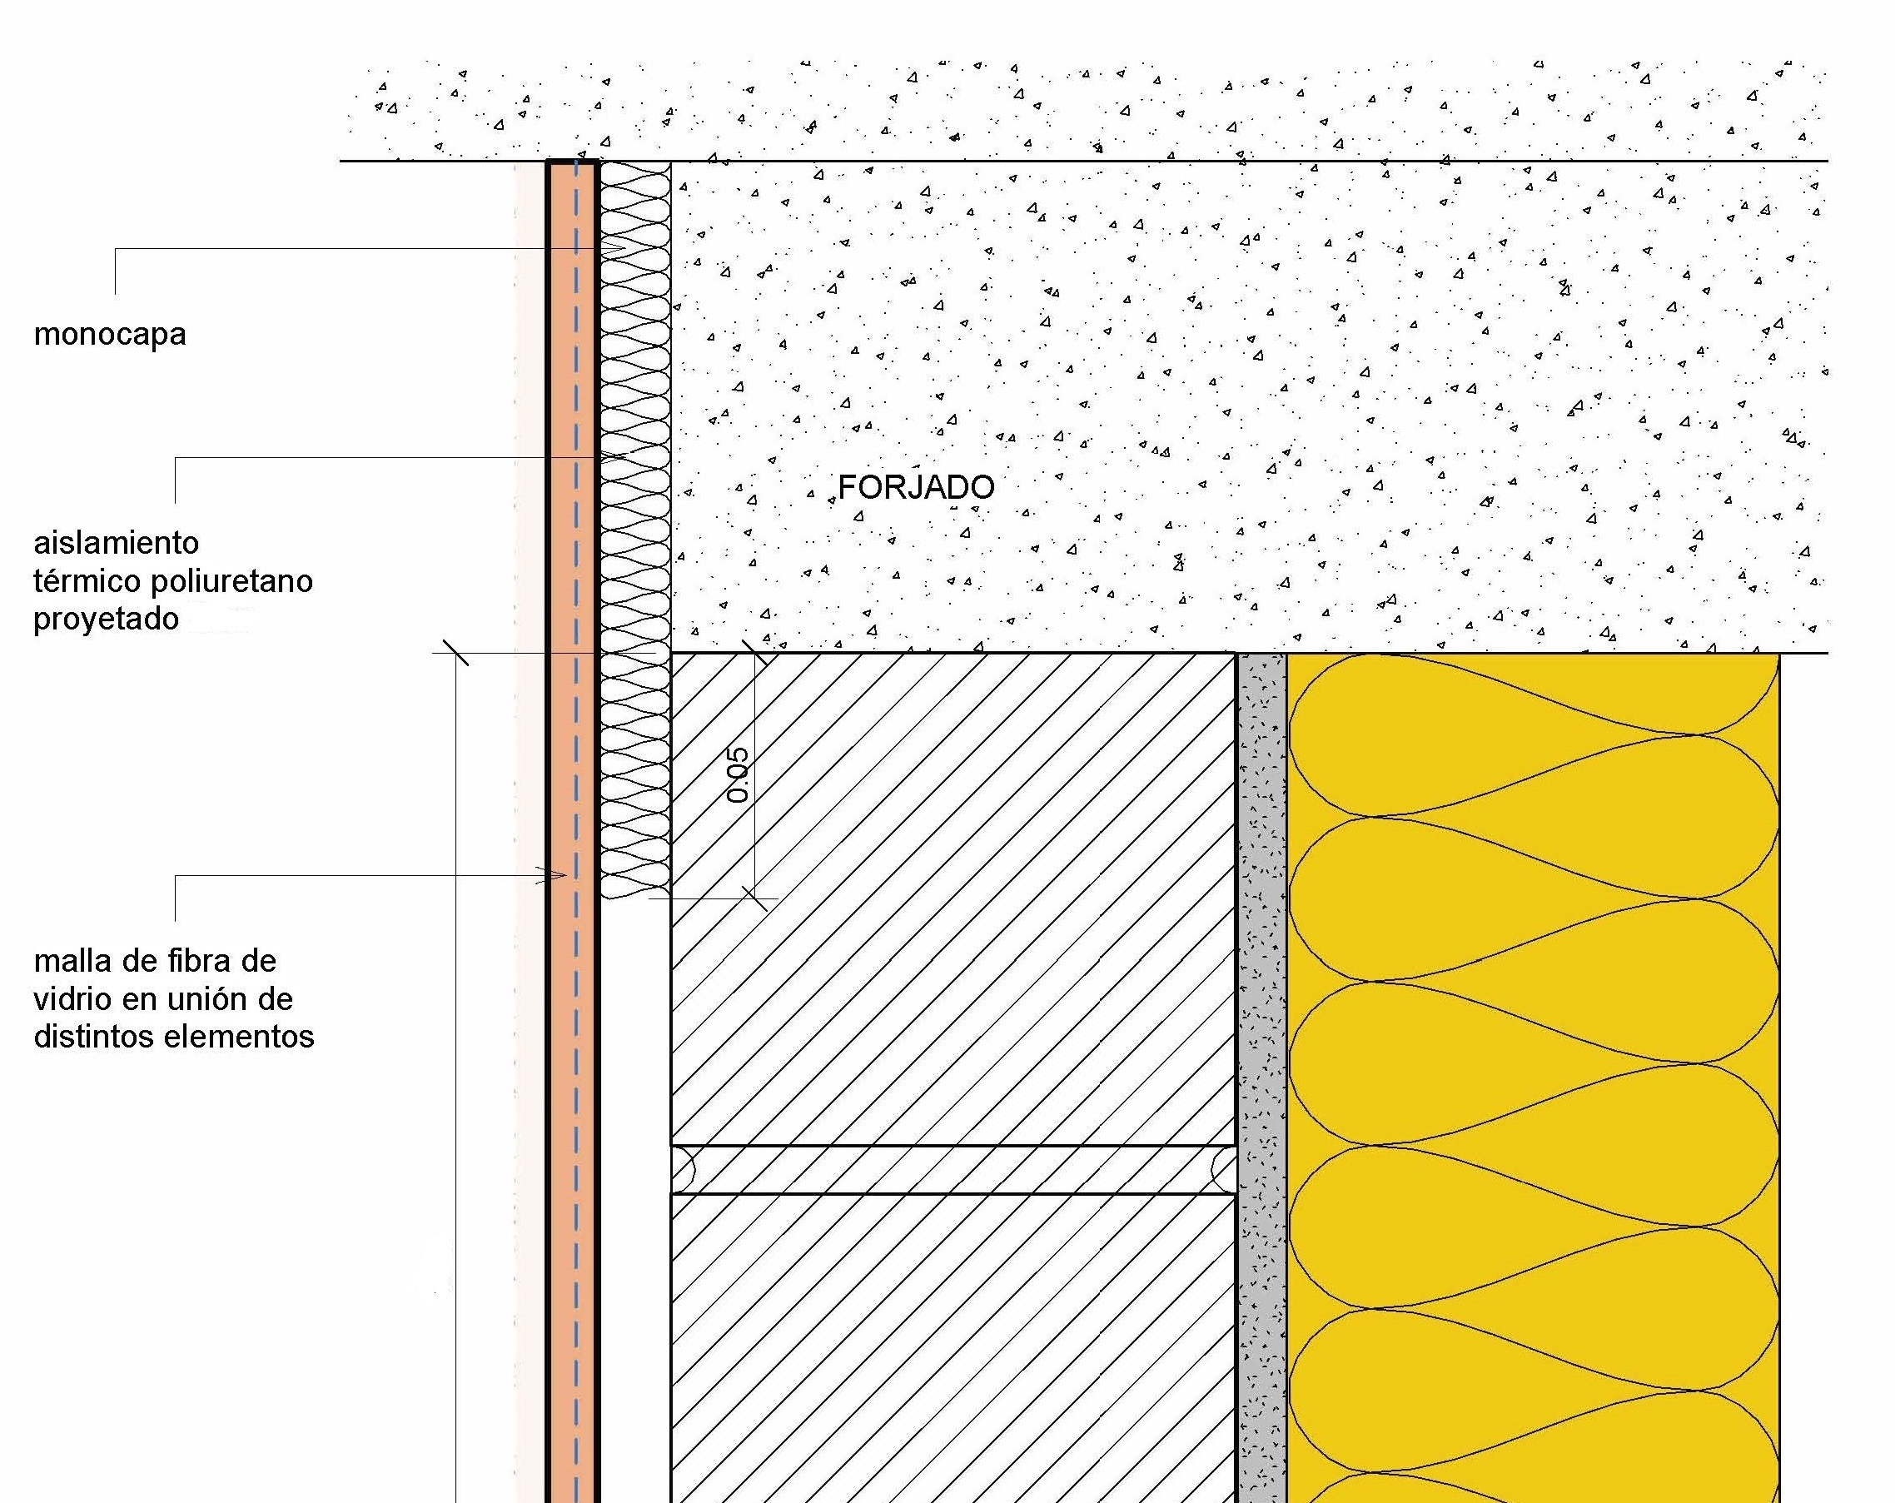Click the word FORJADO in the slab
(x=916, y=487)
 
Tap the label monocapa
(x=110, y=335)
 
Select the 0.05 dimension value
(x=739, y=775)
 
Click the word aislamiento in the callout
(x=116, y=542)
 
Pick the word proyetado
(x=107, y=620)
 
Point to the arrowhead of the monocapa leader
(x=614, y=249)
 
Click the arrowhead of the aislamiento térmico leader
(x=618, y=457)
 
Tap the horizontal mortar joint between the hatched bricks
(x=953, y=1169)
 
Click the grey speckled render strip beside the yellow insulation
(x=1262, y=1077)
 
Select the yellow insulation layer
(x=1534, y=1077)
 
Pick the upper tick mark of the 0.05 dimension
(x=754, y=653)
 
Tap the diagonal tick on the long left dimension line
(x=455, y=653)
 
